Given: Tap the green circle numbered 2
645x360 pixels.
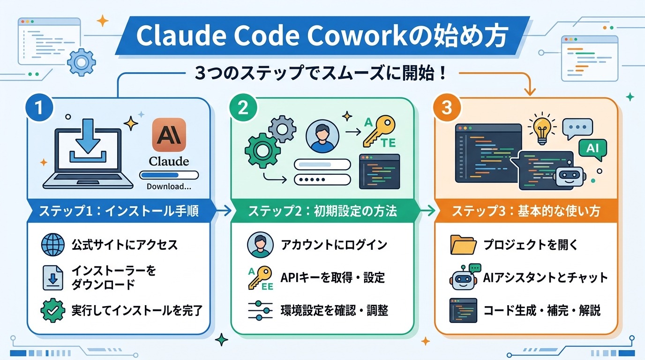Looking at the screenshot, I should click(243, 108).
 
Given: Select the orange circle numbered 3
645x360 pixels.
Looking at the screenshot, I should click(447, 108).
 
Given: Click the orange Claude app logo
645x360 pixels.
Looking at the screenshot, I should click(169, 135).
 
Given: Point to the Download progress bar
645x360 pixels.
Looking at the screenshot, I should click(169, 175).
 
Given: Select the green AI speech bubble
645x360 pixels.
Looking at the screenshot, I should click(592, 149).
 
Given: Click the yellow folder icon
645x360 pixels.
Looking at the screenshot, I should click(463, 245).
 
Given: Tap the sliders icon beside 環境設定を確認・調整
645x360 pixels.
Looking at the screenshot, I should click(260, 310).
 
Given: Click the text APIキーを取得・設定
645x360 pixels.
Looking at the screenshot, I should click(332, 277).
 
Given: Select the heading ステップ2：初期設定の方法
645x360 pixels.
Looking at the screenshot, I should click(322, 211).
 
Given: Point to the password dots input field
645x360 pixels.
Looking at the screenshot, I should click(322, 180).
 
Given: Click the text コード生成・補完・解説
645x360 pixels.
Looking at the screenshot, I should click(541, 310).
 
